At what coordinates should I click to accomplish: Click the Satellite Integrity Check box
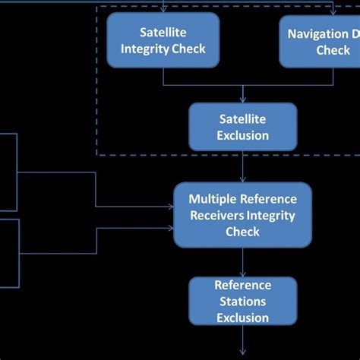point(163,40)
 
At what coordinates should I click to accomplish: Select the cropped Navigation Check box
point(320,40)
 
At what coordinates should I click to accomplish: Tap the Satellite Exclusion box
point(243,126)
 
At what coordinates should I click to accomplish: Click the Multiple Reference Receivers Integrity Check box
point(243,215)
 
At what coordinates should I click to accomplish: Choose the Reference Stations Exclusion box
point(243,302)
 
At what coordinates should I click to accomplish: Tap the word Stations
point(243,302)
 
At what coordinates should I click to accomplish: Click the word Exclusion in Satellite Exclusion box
point(243,135)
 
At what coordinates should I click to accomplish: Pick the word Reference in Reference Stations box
point(243,286)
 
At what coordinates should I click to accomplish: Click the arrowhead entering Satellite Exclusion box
point(243,99)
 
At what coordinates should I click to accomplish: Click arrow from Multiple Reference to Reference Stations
point(243,262)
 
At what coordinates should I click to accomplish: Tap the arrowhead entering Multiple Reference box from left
point(170,206)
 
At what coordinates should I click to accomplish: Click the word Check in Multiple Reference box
point(243,231)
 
